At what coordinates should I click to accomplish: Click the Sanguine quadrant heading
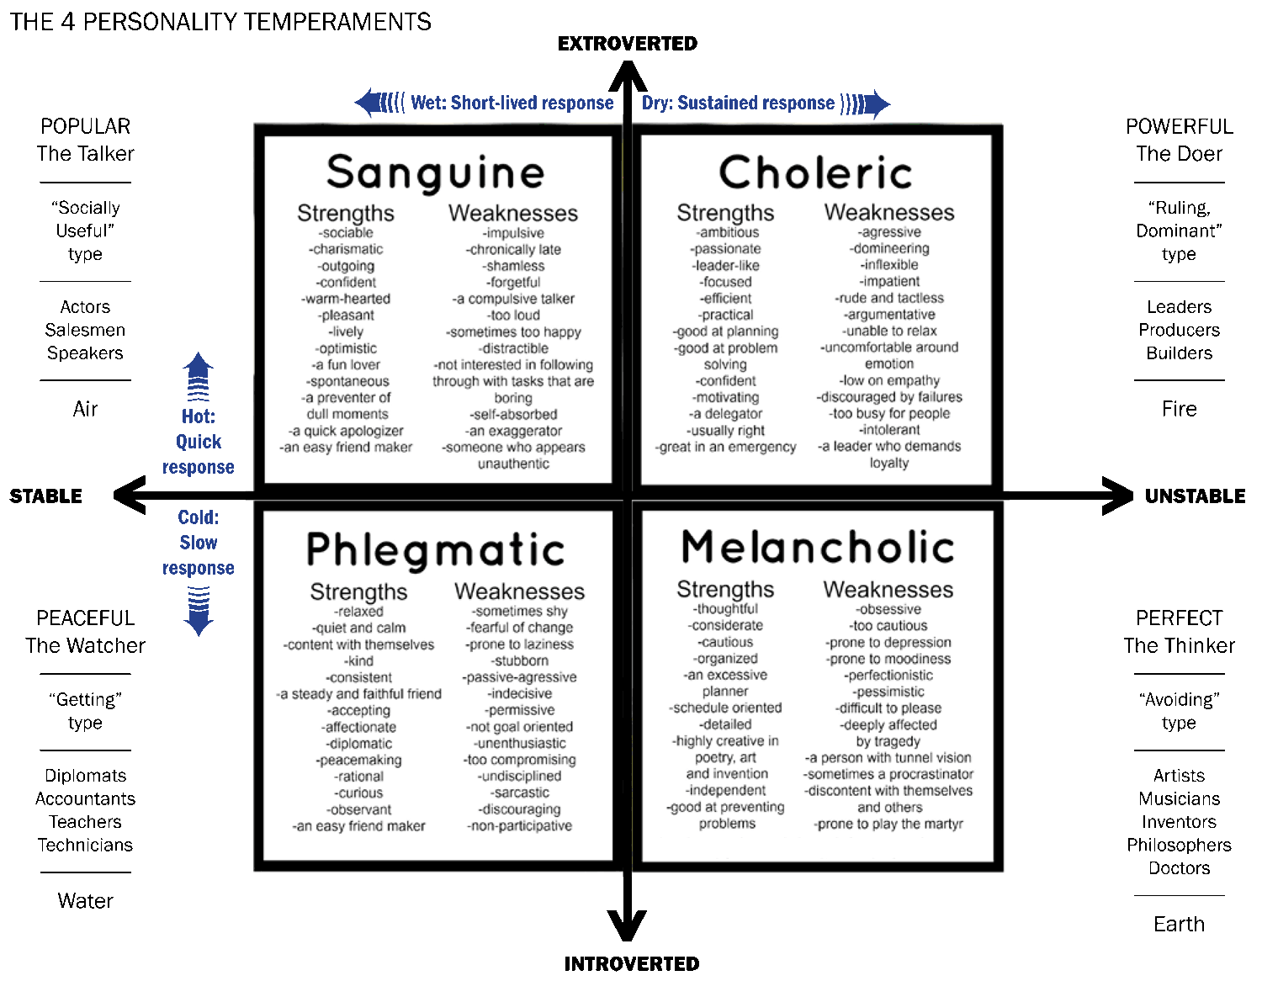pyautogui.click(x=435, y=172)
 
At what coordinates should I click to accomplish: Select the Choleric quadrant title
pyautogui.click(x=815, y=172)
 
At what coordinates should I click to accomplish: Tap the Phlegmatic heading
pyautogui.click(x=435, y=550)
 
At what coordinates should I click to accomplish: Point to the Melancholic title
pyautogui.click(x=817, y=548)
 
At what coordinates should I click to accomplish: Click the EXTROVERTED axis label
pyautogui.click(x=628, y=44)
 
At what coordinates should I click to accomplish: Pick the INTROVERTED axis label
pyautogui.click(x=631, y=964)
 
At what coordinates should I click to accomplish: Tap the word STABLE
pyautogui.click(x=46, y=496)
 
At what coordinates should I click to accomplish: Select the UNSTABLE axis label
pyautogui.click(x=1195, y=496)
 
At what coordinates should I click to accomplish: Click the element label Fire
pyautogui.click(x=1179, y=409)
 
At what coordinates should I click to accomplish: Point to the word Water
pyautogui.click(x=85, y=901)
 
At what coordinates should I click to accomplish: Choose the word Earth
pyautogui.click(x=1179, y=925)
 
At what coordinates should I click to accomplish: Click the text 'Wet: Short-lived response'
pyautogui.click(x=512, y=103)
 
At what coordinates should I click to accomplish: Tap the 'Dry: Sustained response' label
pyautogui.click(x=738, y=103)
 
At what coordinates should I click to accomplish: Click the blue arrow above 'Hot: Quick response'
pyautogui.click(x=199, y=376)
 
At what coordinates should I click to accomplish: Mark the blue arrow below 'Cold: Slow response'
pyautogui.click(x=199, y=611)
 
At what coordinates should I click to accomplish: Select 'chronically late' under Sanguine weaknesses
pyautogui.click(x=514, y=250)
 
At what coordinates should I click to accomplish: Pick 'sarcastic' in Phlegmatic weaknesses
pyautogui.click(x=521, y=793)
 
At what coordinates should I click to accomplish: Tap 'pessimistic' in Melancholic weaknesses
pyautogui.click(x=888, y=692)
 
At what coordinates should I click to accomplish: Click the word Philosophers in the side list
pyautogui.click(x=1179, y=845)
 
